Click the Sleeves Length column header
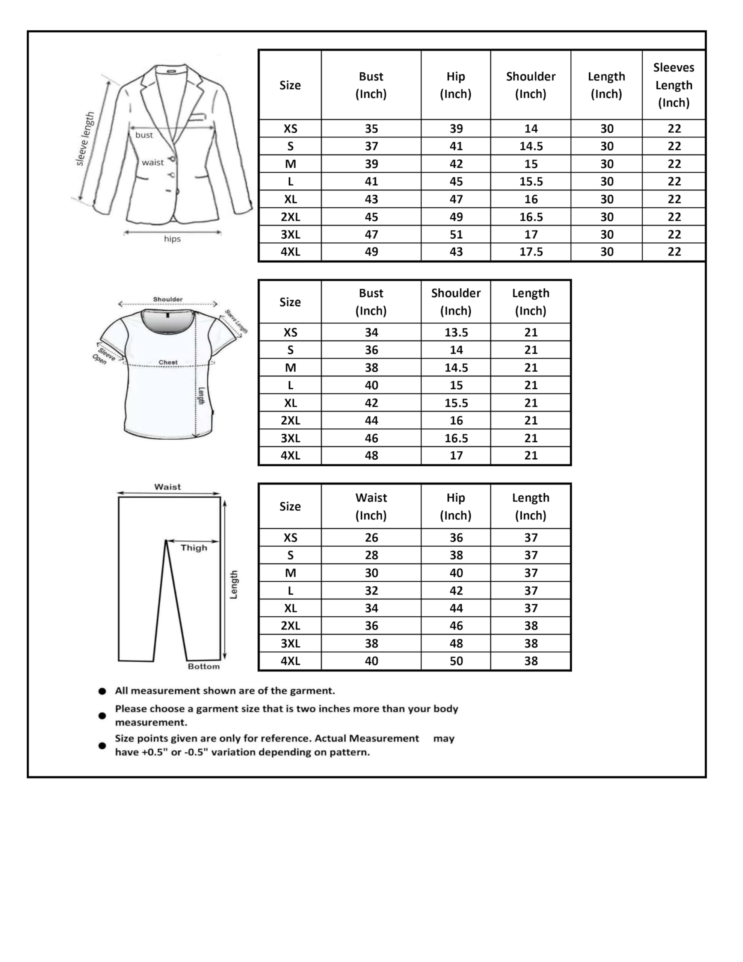pyautogui.click(x=674, y=85)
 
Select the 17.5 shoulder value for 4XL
pyautogui.click(x=531, y=252)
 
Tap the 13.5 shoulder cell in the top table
pyautogui.click(x=456, y=333)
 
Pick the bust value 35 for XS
pyautogui.click(x=371, y=129)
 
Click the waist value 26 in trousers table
pyautogui.click(x=371, y=537)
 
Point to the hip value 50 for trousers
pyautogui.click(x=456, y=661)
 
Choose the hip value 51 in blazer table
pyautogui.click(x=456, y=234)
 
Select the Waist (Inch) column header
pyautogui.click(x=371, y=507)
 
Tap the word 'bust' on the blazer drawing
pyautogui.click(x=144, y=135)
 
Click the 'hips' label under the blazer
pyautogui.click(x=172, y=239)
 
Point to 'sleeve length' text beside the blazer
pyautogui.click(x=85, y=139)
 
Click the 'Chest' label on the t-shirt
pyautogui.click(x=168, y=363)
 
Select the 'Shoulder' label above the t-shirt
pyautogui.click(x=168, y=299)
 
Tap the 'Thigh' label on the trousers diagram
pyautogui.click(x=193, y=548)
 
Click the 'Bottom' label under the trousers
pyautogui.click(x=204, y=666)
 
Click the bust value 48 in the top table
pyautogui.click(x=371, y=455)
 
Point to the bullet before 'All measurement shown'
pyautogui.click(x=102, y=691)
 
